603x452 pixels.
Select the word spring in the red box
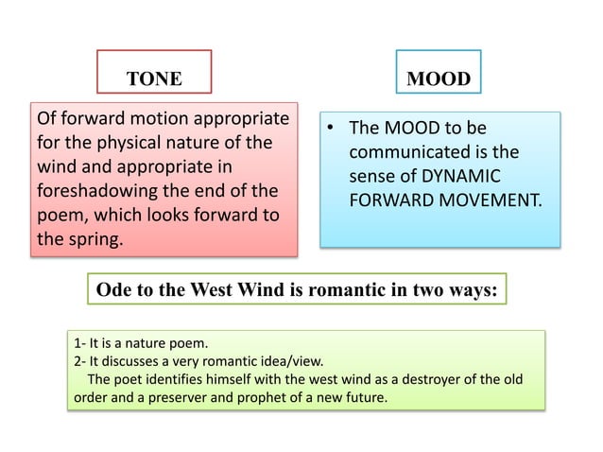click(94, 238)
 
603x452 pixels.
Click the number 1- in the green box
click(79, 342)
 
